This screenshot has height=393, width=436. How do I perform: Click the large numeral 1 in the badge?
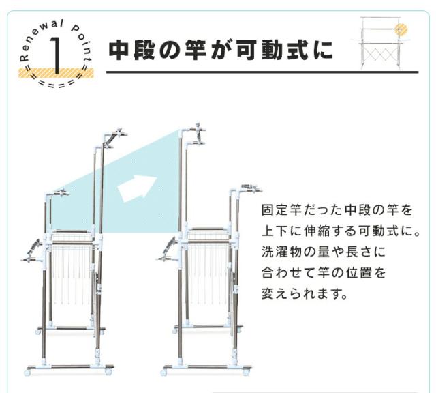(56, 56)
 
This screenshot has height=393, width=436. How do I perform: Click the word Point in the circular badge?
(82, 42)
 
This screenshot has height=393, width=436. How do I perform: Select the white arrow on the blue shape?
(136, 188)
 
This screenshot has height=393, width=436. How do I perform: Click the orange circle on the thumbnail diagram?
(401, 29)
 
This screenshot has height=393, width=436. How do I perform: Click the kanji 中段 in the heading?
(131, 50)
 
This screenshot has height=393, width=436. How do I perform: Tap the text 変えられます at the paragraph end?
(305, 293)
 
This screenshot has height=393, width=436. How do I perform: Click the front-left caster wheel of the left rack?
(28, 373)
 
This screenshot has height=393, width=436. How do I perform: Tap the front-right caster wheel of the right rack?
(246, 372)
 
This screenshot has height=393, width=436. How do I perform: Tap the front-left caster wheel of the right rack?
(165, 372)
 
